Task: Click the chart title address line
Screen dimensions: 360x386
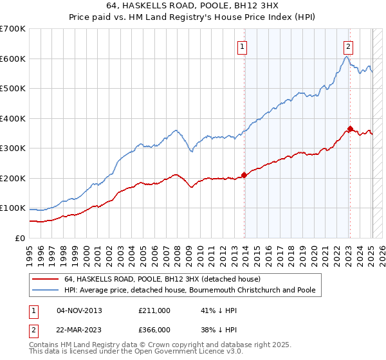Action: pos(192,6)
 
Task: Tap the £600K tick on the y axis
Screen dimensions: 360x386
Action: pos(13,59)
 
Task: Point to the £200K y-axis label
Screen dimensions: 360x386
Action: pos(13,178)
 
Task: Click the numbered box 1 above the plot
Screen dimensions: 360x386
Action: pos(242,46)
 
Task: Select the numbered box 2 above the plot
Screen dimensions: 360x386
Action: pos(348,46)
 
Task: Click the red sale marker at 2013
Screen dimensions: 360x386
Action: pos(244,175)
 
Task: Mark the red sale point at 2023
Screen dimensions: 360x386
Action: pos(350,129)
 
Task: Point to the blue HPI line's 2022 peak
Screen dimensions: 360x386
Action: pos(346,57)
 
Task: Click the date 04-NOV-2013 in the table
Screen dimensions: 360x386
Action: pos(80,310)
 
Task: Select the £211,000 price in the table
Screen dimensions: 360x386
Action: pos(154,310)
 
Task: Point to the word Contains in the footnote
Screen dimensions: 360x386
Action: pos(45,346)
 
